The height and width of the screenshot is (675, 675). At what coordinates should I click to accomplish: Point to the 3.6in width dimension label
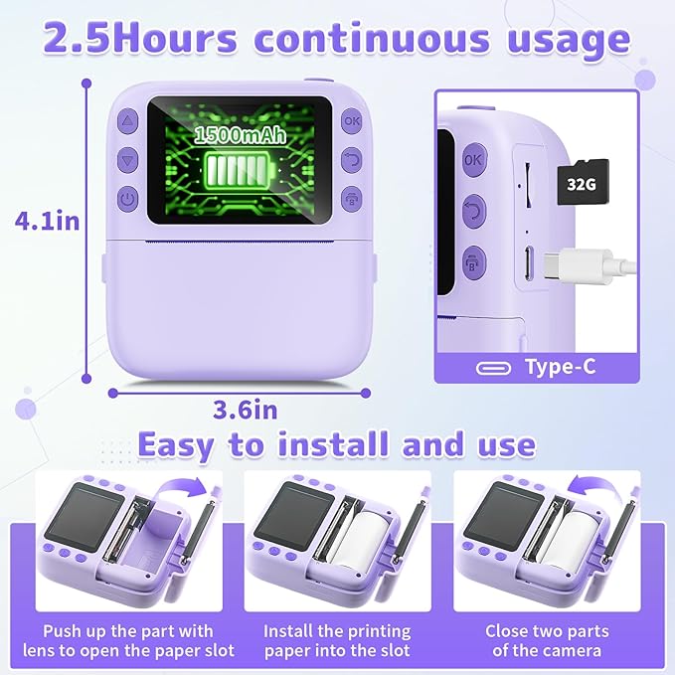[246, 409]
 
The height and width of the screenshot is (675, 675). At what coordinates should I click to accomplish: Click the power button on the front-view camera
[126, 199]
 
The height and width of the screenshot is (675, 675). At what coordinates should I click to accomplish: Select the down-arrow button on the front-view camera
[126, 159]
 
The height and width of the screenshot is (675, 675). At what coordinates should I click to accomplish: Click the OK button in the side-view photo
[472, 159]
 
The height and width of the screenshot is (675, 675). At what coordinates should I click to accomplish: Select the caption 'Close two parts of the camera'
[547, 640]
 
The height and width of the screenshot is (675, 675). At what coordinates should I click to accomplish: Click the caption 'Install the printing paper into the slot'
[337, 640]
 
